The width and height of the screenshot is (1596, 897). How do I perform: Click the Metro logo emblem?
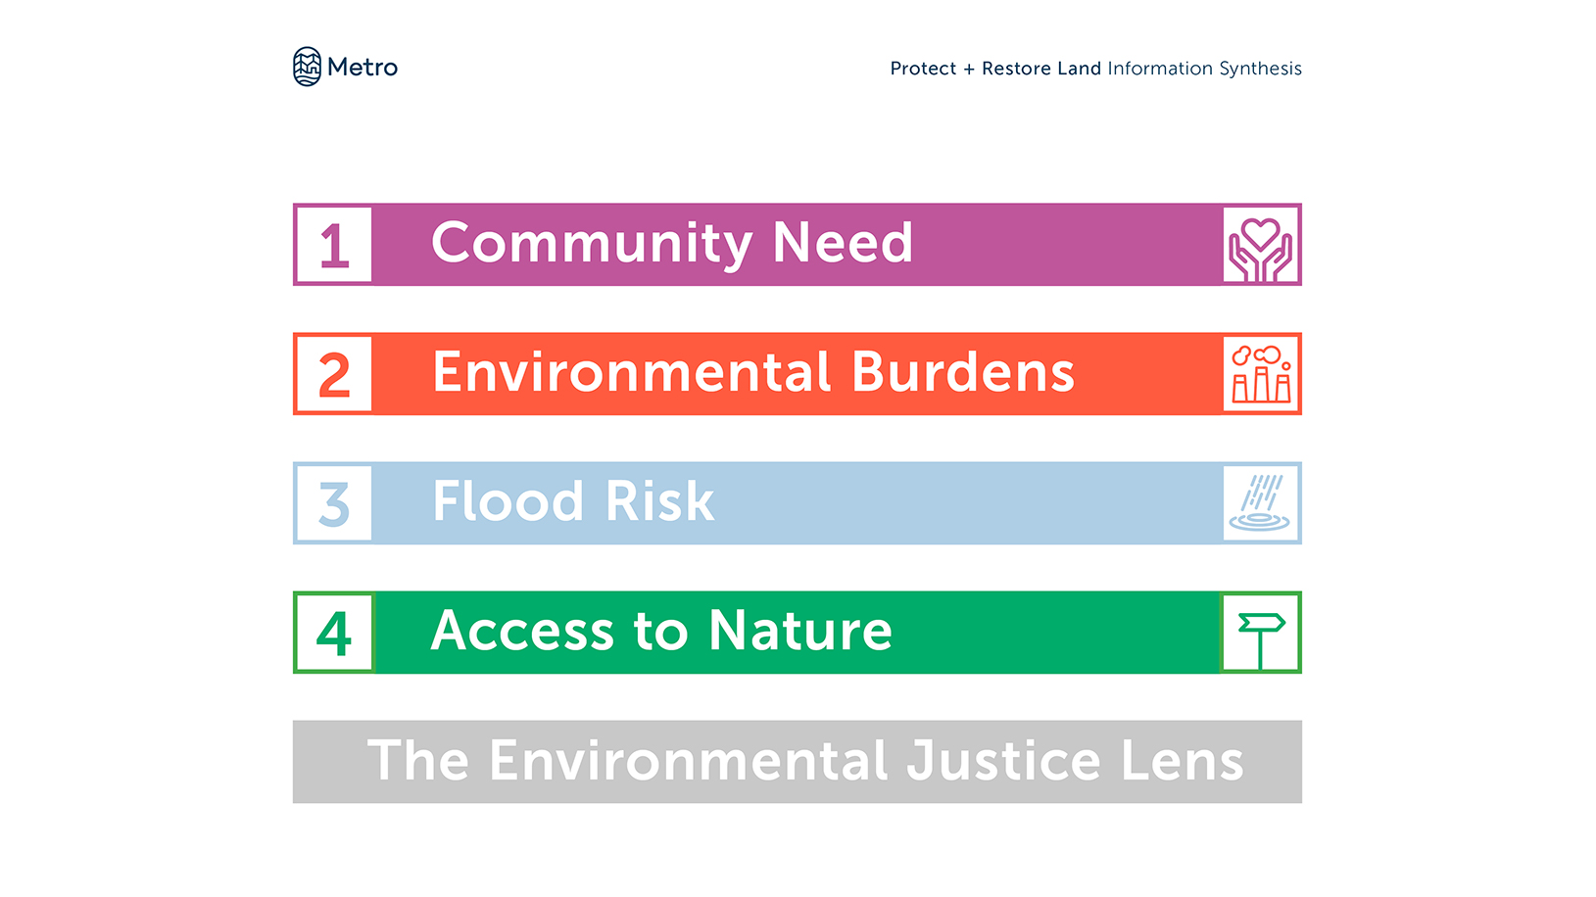[307, 67]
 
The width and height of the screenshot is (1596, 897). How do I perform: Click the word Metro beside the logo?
[363, 68]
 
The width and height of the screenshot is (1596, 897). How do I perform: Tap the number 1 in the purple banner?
[334, 246]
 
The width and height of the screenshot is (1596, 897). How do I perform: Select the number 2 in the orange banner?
[334, 374]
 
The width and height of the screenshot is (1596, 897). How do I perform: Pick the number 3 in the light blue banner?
[333, 504]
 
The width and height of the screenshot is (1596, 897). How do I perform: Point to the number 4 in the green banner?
[333, 634]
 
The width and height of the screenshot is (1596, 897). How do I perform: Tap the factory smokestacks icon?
[1261, 374]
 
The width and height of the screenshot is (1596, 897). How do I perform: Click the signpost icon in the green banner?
[1261, 639]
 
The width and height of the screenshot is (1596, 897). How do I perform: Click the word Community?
[592, 244]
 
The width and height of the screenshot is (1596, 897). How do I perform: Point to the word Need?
[843, 243]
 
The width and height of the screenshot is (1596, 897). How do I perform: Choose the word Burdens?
[962, 372]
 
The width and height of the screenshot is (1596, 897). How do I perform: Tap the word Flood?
[508, 501]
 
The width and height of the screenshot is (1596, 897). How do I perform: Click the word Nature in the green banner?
[799, 631]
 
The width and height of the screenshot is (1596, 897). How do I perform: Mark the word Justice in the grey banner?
[1004, 760]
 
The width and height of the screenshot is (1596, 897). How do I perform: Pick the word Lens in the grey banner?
[1183, 760]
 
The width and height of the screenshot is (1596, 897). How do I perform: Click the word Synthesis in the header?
[1260, 70]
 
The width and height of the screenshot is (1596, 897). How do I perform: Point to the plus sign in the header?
[969, 70]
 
